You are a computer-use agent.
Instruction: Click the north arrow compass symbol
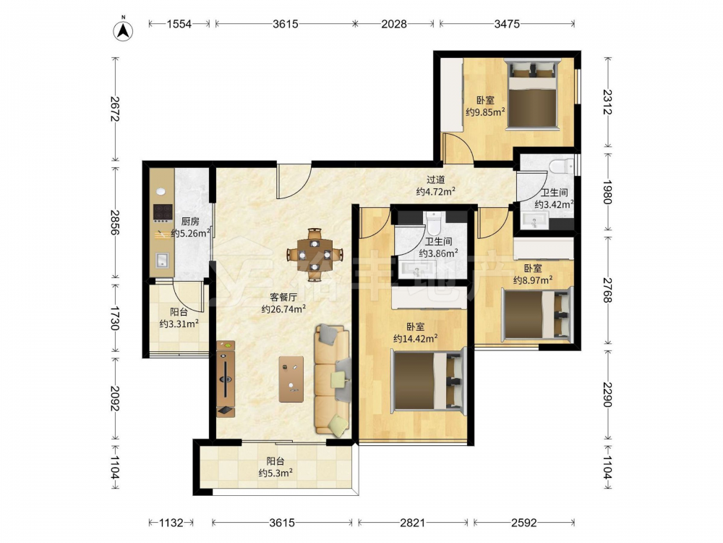point(123,29)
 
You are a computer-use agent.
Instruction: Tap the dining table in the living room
point(315,254)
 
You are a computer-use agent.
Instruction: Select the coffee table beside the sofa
point(291,379)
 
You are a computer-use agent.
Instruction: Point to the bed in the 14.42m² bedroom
point(428,381)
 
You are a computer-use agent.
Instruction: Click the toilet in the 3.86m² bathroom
point(434,224)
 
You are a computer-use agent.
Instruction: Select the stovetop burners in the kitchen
point(163,212)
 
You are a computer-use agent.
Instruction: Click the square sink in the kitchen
point(162,261)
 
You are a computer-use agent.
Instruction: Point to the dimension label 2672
point(114,109)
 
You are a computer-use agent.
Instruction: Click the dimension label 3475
point(507,24)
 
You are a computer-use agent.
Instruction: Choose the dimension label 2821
point(412,523)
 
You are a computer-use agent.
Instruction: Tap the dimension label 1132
point(171,523)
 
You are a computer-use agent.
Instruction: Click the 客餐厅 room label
point(283,298)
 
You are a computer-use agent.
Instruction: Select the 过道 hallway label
point(436,180)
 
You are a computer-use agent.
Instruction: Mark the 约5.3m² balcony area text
point(275,473)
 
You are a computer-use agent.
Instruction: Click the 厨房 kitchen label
point(190,222)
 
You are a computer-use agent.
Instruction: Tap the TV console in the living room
point(226,379)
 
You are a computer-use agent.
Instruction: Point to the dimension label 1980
point(607,192)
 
